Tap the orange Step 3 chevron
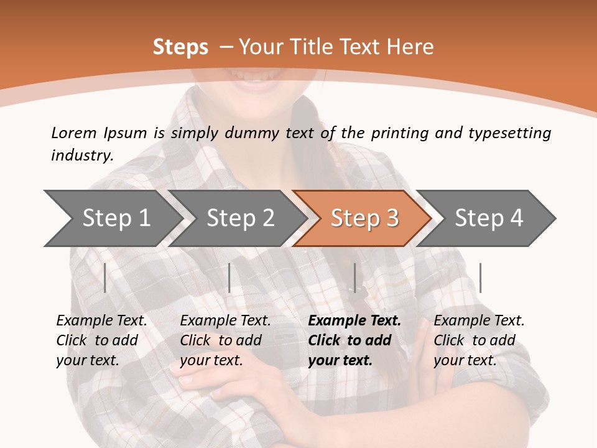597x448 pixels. pos(364,218)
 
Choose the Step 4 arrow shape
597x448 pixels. pos(489,218)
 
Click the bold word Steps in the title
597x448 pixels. pos(180,47)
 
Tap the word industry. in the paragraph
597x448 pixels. pos(82,156)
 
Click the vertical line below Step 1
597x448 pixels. pos(105,278)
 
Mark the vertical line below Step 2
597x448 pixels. pos(229,278)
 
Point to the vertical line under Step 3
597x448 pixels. pos(355,278)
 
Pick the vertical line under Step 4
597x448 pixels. pos(481,278)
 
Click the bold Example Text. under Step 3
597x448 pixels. pos(354,321)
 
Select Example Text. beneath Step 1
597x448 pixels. pos(101,321)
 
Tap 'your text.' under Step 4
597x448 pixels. pos(465,360)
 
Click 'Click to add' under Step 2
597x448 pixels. pos(221,341)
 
